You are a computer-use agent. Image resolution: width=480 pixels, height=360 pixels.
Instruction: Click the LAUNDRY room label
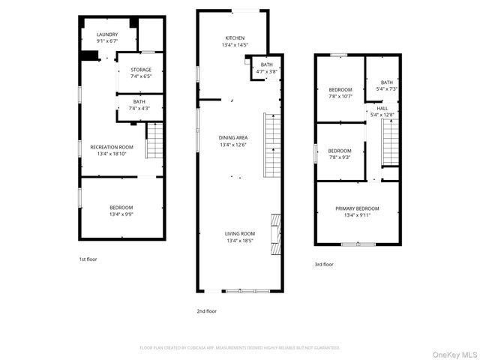107,34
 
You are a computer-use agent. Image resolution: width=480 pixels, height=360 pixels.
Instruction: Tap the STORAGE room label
141,70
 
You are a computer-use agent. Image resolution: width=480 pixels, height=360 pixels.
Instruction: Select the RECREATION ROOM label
112,146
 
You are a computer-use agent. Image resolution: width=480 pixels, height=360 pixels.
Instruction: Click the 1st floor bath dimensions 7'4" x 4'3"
139,109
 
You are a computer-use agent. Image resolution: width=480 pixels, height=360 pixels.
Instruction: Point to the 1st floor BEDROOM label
121,207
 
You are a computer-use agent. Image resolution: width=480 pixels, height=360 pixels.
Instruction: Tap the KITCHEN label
235,38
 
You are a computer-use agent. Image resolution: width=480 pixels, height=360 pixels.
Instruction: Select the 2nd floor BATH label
267,64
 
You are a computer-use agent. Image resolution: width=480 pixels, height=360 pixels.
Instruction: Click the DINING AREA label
233,138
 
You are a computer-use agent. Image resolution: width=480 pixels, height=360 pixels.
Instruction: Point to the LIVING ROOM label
240,233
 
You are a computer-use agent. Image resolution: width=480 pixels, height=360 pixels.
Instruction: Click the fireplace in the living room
276,235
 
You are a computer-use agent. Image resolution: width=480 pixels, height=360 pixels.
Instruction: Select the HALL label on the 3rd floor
382,108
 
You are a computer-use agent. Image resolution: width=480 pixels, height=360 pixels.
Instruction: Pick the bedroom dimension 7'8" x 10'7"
340,96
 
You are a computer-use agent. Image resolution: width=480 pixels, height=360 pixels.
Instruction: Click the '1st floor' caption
88,259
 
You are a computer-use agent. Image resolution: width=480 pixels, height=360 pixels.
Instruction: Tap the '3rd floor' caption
324,264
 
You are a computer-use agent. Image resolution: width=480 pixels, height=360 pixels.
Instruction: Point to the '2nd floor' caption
206,310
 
